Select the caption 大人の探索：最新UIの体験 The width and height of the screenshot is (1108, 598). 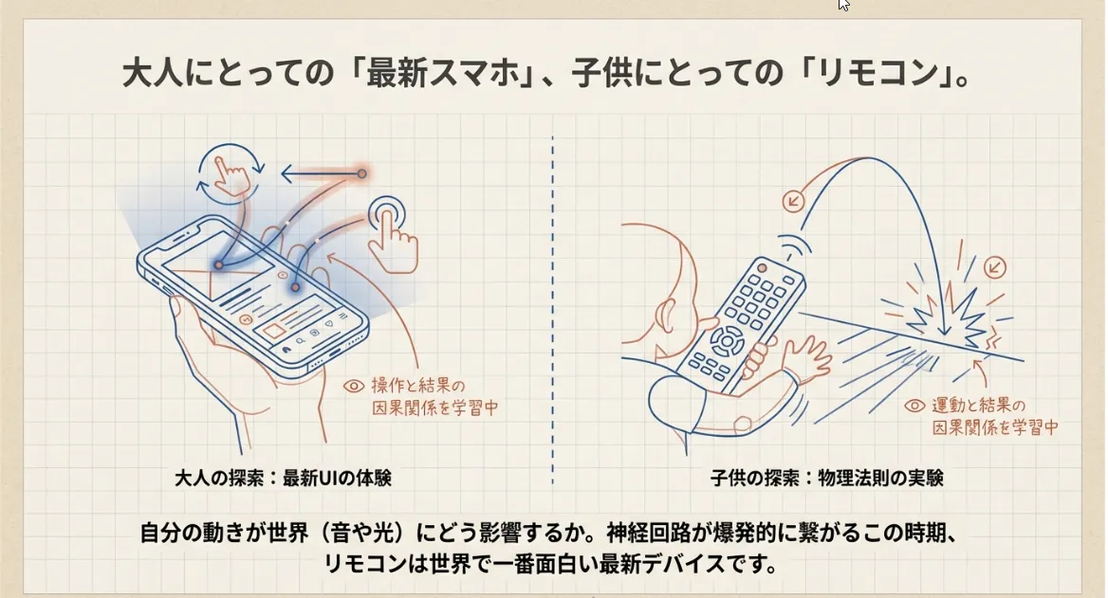283,478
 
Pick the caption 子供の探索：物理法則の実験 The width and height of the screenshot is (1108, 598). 826,478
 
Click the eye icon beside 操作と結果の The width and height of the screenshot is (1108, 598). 354,386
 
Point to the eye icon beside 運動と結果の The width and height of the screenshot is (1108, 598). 914,406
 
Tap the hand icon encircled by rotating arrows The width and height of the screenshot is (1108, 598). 227,172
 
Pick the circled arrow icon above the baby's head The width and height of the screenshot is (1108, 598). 793,200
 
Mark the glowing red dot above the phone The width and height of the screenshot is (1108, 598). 362,173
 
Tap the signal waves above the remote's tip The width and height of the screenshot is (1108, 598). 791,245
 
